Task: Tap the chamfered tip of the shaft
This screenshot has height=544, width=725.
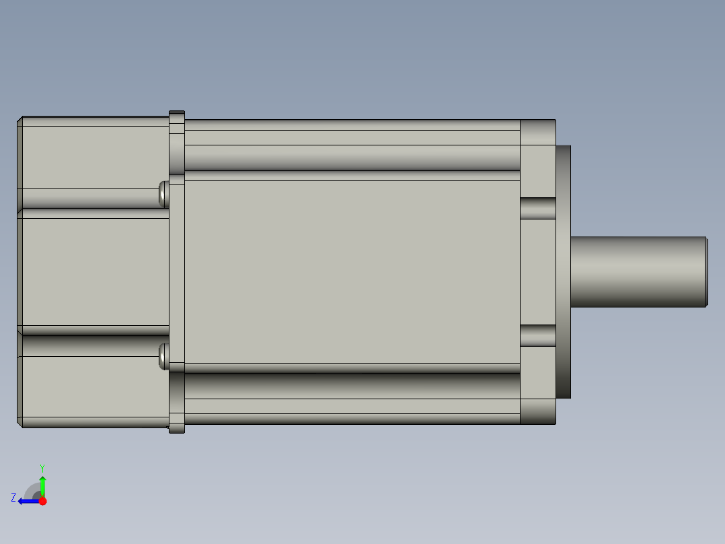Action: pos(705,272)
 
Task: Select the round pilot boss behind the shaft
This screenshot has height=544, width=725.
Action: pos(564,272)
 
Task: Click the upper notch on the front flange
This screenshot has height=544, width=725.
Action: pos(538,209)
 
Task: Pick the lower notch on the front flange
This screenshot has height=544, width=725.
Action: pos(538,336)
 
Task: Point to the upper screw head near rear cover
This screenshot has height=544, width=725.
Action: pos(163,194)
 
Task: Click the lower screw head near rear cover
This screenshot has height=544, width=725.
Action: pos(163,355)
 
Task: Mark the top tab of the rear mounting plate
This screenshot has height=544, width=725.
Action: pos(176,116)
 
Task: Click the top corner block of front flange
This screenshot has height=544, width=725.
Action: pos(538,133)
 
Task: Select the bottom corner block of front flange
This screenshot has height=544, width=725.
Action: pos(538,411)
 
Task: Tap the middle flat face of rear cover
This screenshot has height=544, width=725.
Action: pos(94,272)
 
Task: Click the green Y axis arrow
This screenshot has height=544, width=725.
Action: pos(42,483)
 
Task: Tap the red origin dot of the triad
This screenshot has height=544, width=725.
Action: pos(42,501)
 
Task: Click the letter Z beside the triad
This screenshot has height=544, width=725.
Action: pos(13,498)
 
